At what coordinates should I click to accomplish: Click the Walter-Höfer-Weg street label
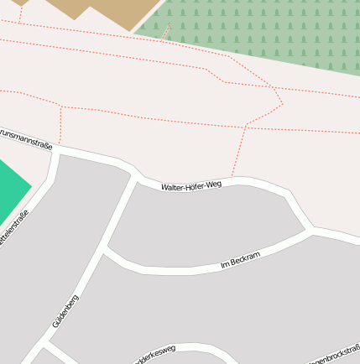(191, 185)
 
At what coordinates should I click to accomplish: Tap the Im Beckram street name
(241, 259)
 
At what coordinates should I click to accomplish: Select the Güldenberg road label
(65, 309)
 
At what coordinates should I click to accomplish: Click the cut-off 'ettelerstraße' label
(14, 229)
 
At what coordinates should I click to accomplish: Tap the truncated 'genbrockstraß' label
(336, 353)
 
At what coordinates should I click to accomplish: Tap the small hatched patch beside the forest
(166, 32)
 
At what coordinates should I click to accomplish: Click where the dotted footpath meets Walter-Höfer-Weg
(232, 179)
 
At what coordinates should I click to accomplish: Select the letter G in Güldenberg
(55, 323)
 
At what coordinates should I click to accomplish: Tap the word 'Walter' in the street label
(173, 187)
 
